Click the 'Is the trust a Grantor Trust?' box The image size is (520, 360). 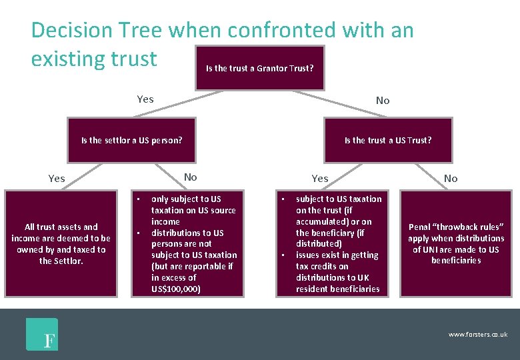(259, 68)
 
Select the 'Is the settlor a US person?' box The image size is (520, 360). (132, 140)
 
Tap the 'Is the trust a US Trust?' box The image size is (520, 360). (387, 140)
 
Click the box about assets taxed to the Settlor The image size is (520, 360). (61, 243)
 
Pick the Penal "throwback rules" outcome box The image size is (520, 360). (456, 243)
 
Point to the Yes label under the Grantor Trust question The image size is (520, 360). (145, 99)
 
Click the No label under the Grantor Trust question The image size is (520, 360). (383, 101)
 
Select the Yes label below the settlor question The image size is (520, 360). (57, 178)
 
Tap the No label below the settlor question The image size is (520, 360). (191, 177)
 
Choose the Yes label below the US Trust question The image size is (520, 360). (320, 178)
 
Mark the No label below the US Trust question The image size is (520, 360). (451, 178)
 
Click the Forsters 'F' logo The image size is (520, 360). (42, 335)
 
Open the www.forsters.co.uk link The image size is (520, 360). (477, 334)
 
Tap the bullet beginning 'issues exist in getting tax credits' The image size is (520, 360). (337, 272)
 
